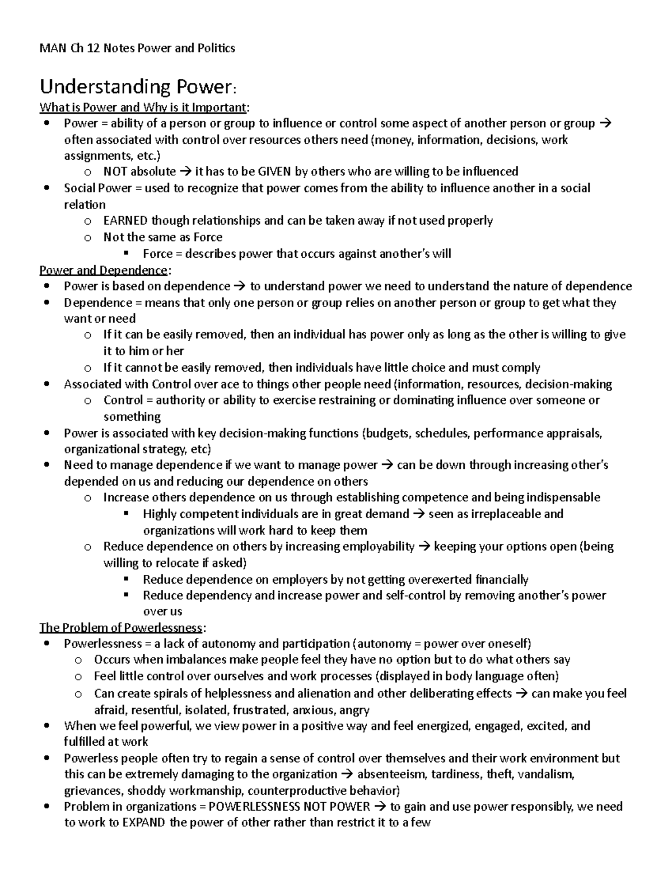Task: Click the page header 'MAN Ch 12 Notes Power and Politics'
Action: point(137,48)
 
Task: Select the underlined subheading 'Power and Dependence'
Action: point(103,270)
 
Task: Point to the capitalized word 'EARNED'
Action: point(126,221)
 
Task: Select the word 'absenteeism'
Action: point(390,774)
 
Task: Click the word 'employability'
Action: point(379,547)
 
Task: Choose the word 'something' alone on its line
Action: point(132,417)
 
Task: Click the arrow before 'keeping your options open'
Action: point(424,547)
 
